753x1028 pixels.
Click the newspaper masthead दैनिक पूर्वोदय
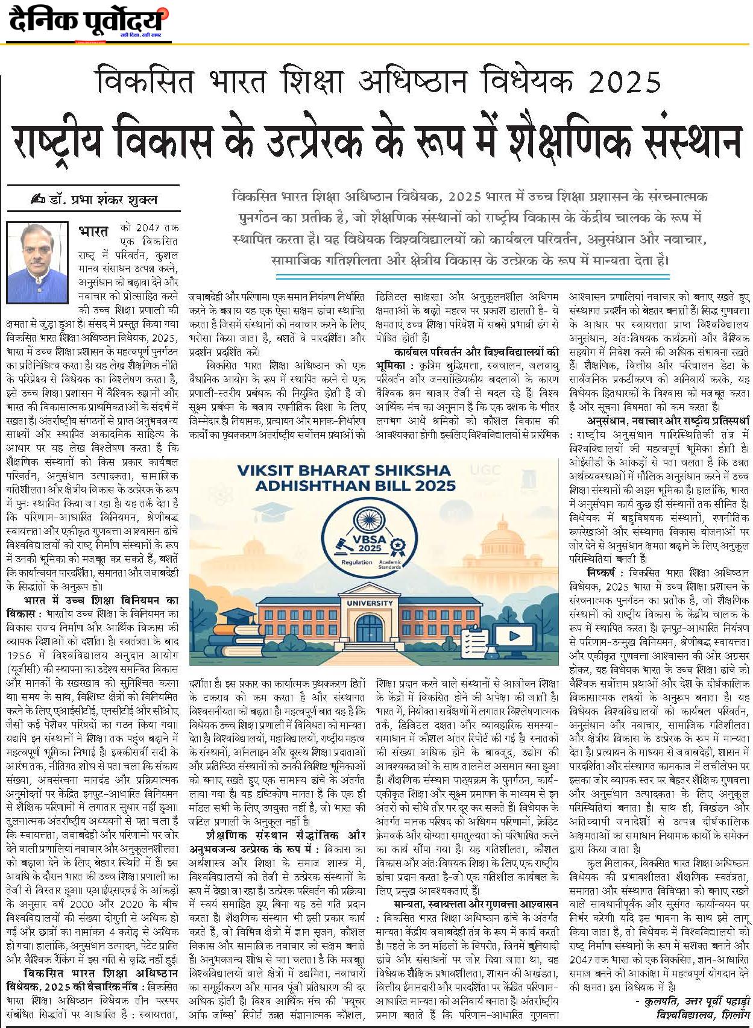(x=87, y=22)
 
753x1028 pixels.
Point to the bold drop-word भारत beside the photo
(x=93, y=231)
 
